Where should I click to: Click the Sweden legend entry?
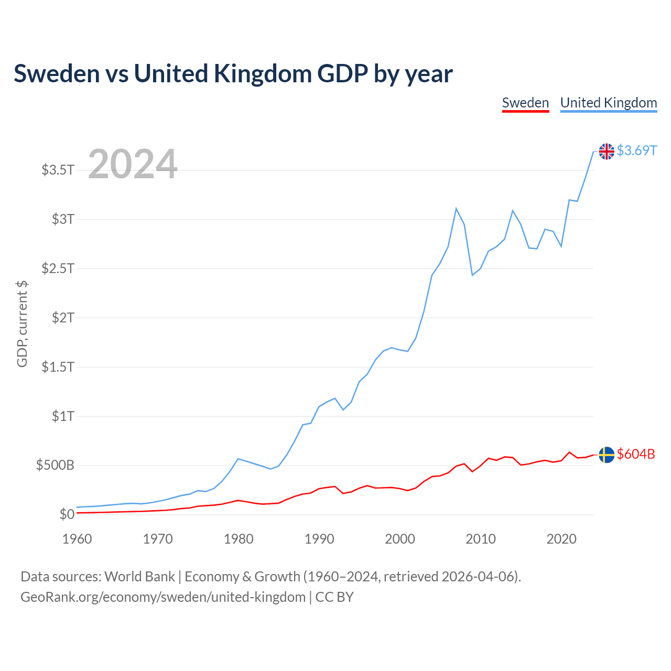pyautogui.click(x=525, y=103)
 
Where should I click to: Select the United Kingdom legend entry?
pyautogui.click(x=609, y=103)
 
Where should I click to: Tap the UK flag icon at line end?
pyautogui.click(x=607, y=151)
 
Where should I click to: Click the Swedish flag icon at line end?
pyautogui.click(x=607, y=454)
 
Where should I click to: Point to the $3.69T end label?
pyautogui.click(x=636, y=151)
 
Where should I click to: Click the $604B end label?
pyautogui.click(x=636, y=454)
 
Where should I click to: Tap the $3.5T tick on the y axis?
pyautogui.click(x=58, y=170)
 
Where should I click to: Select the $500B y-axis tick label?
pyautogui.click(x=55, y=466)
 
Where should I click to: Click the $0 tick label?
pyautogui.click(x=67, y=514)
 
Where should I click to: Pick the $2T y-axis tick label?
pyautogui.click(x=63, y=318)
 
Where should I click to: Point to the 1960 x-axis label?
pyautogui.click(x=77, y=539)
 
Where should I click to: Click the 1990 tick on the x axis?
pyautogui.click(x=319, y=539)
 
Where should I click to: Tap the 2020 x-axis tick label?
pyautogui.click(x=561, y=539)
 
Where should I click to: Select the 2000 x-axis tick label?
pyautogui.click(x=400, y=539)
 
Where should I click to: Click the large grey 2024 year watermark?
pyautogui.click(x=133, y=164)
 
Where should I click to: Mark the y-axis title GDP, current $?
pyautogui.click(x=22, y=324)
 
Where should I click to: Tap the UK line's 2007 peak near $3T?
pyautogui.click(x=456, y=209)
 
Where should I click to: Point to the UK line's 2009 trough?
pyautogui.click(x=472, y=275)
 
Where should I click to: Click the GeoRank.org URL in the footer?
pyautogui.click(x=163, y=597)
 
